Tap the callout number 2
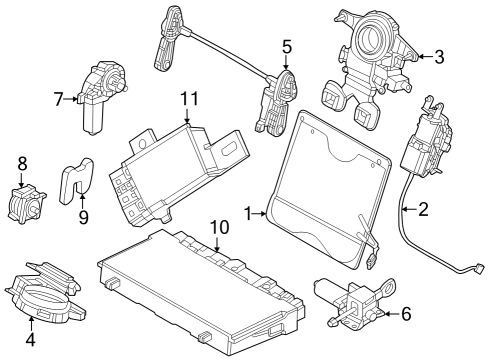point(423,210)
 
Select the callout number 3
point(439,57)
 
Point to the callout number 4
point(30,338)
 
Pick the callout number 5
point(286,46)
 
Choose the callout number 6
point(405,314)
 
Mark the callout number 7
point(59,98)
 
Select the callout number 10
point(219,229)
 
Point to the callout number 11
point(190,98)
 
